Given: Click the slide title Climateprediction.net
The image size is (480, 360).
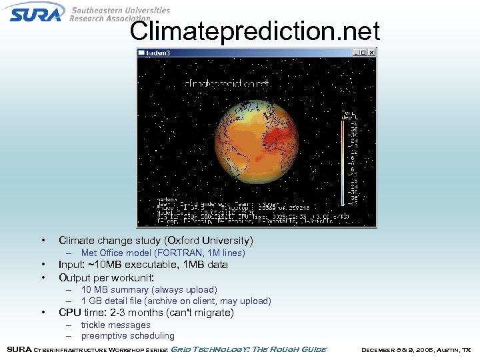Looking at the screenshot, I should pos(255,31).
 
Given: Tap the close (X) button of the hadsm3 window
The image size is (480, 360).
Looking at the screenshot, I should pos(372,53).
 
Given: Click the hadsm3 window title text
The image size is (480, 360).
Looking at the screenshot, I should pos(159,53).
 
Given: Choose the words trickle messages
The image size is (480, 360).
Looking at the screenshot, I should pos(115,325).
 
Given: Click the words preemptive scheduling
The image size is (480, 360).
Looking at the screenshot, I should pos(127,336).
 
